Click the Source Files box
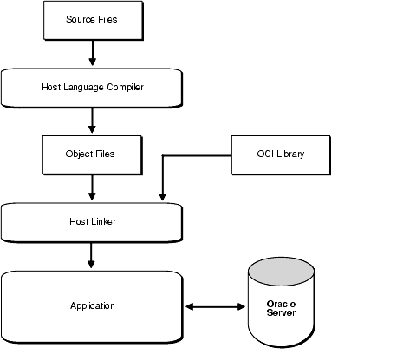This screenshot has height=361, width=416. coord(91,19)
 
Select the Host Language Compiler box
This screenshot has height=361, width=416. coord(91,87)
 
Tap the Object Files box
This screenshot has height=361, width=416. coord(91,154)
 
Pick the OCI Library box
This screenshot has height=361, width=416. coord(281,154)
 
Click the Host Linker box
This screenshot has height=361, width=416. coord(91,221)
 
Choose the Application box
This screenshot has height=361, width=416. coord(91,305)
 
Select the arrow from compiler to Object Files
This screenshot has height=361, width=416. coord(91,120)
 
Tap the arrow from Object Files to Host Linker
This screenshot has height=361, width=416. coord(91,187)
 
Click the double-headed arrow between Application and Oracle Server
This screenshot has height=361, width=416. coord(215,305)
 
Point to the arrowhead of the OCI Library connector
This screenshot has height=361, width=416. coord(162,198)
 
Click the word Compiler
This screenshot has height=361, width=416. coord(121,87)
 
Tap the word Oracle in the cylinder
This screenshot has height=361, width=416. coord(282,304)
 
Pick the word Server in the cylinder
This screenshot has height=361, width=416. coord(282,312)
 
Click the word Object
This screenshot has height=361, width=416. coord(80,154)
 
